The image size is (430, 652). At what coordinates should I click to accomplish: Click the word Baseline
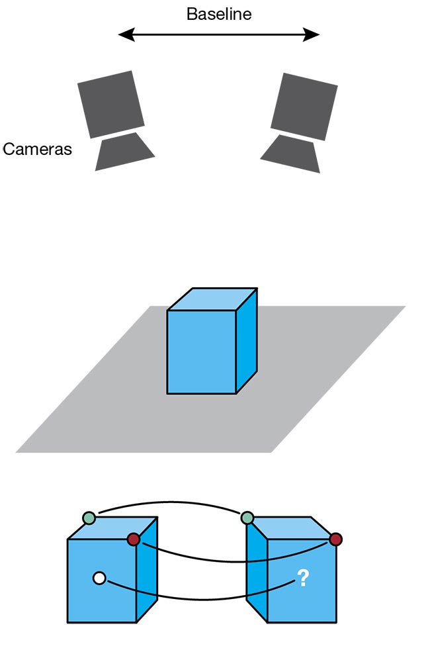tap(219, 14)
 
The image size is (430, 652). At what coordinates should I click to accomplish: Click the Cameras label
tap(37, 149)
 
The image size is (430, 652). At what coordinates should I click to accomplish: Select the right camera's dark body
tap(304, 106)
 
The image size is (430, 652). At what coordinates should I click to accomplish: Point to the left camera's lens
tap(124, 152)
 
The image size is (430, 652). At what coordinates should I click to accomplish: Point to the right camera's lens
tap(292, 154)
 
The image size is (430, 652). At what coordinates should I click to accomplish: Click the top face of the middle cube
tap(212, 299)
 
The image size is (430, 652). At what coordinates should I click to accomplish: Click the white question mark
tap(302, 579)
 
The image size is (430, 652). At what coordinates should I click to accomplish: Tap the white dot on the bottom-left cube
tap(99, 579)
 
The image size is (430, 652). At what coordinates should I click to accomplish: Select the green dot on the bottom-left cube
tap(89, 518)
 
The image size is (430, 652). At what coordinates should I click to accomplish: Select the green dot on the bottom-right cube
tap(247, 518)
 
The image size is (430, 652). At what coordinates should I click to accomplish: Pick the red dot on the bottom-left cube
tap(134, 539)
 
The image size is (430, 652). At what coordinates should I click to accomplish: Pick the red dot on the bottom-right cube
tap(335, 539)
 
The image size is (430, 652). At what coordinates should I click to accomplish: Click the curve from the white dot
tap(198, 599)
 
